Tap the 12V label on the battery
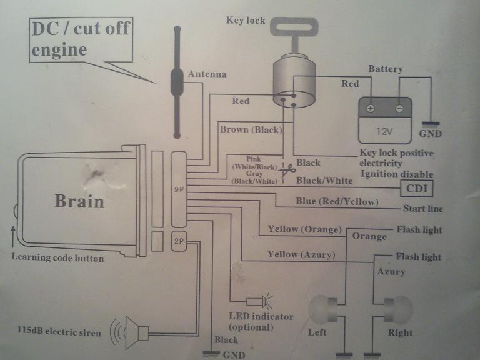(x=384, y=132)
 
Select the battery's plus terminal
(x=371, y=108)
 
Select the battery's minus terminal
(x=399, y=108)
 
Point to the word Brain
(x=79, y=201)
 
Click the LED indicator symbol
(x=267, y=302)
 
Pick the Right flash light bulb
(x=399, y=307)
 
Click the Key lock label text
(x=245, y=21)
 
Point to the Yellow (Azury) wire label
(x=301, y=254)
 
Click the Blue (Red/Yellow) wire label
(x=337, y=201)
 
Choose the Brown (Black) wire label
(x=251, y=130)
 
